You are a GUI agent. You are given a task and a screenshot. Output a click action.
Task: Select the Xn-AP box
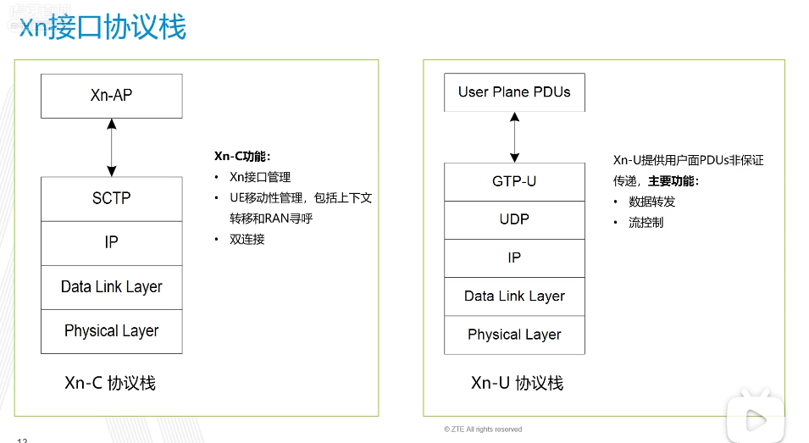point(111,96)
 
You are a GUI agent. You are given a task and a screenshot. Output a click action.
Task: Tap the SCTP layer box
point(111,199)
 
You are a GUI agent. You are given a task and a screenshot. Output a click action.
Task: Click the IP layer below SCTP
point(111,243)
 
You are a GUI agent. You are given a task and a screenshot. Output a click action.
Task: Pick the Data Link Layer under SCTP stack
point(111,287)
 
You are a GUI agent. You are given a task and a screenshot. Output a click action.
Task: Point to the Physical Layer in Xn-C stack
point(111,331)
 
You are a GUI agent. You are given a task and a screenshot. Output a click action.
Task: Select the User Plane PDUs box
point(514,92)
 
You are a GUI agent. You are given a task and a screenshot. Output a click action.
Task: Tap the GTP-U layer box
point(514,182)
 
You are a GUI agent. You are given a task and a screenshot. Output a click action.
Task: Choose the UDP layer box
point(514,220)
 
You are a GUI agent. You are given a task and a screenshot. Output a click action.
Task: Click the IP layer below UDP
point(514,258)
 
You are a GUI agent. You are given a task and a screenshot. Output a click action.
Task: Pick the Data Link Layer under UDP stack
point(514,296)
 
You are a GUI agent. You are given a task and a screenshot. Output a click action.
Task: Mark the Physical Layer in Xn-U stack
point(514,335)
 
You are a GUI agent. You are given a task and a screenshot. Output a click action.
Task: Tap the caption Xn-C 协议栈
point(110,383)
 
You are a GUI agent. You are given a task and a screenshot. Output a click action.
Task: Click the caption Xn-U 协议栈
point(517,383)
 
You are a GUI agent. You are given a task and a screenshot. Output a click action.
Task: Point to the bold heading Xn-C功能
point(241,157)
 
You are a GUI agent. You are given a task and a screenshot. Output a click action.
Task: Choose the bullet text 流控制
point(646,223)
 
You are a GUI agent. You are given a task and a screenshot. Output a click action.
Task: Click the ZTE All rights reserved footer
point(483,429)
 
